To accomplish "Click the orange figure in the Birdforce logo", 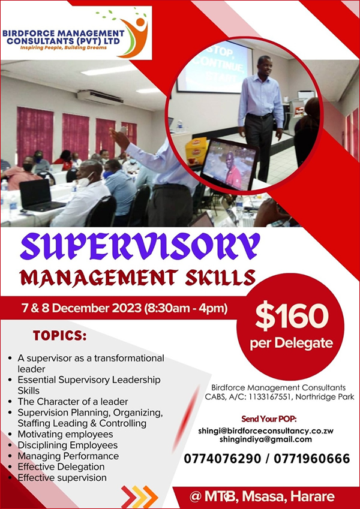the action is click(135, 37).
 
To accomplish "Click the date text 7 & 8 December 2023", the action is click(81, 308).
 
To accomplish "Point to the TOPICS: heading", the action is click(60, 336).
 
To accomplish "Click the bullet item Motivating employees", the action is click(65, 434).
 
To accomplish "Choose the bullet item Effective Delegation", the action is click(61, 467).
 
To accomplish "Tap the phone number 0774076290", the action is click(222, 459).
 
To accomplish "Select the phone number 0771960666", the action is click(311, 459).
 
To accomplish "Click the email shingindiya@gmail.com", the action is click(266, 439).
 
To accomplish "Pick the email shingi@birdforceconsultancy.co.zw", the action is click(266, 431).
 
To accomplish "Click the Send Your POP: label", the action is click(269, 418).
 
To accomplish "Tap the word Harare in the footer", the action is click(312, 496).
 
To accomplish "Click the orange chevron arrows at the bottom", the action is click(139, 496).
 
